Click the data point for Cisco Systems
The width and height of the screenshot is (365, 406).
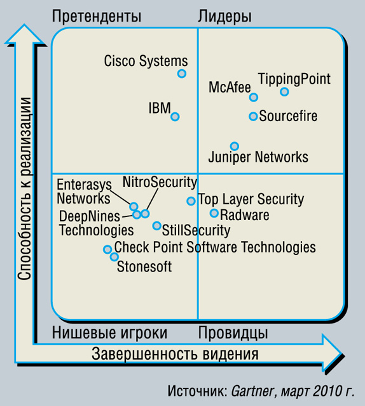pos(182,74)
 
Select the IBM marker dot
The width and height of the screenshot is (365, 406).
pos(175,117)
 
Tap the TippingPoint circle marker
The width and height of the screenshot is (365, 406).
pos(284,91)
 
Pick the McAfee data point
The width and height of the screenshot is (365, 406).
pos(253,97)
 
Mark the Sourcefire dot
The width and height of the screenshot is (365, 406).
pos(253,116)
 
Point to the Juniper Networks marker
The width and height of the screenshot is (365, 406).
pos(235,146)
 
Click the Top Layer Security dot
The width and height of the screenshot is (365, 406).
pos(191,200)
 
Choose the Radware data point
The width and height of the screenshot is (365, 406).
pos(214,213)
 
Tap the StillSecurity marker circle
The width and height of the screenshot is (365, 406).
pos(157,226)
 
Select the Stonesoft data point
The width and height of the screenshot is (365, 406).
pos(114,257)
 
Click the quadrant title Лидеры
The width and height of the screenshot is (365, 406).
pos(224,16)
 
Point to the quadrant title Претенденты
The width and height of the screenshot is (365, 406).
pos(97,16)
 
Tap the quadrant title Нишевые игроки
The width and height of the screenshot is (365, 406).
pos(109,333)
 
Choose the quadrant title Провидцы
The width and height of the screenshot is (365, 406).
pos(233,333)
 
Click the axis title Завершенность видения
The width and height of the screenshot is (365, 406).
pos(175,354)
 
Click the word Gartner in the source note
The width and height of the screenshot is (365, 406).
pos(252,391)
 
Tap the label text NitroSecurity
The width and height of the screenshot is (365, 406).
pos(160,182)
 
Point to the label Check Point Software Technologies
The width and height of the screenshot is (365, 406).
pos(215,247)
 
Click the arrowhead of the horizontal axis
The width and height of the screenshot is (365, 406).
pos(333,353)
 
